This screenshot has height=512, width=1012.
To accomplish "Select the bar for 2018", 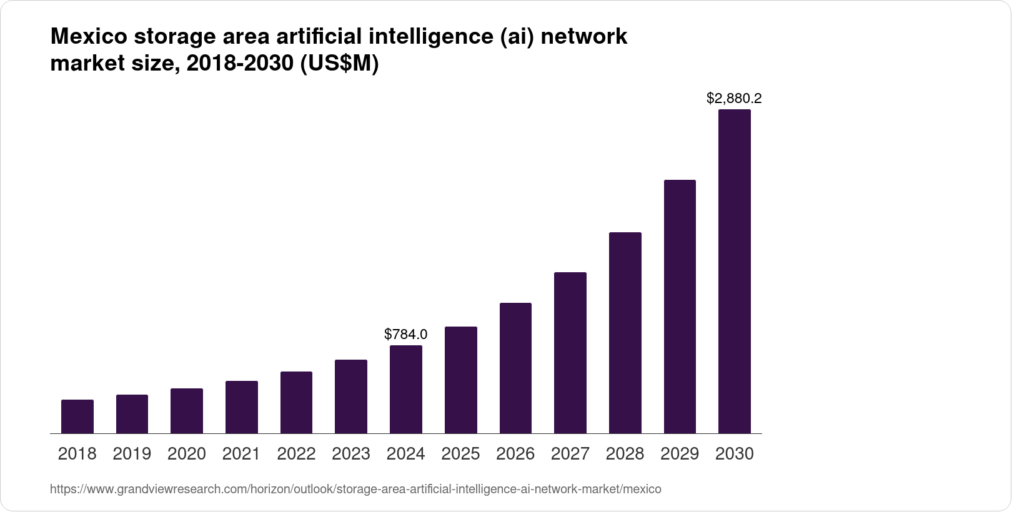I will [x=77, y=416].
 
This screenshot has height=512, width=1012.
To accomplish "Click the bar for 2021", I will [x=242, y=407].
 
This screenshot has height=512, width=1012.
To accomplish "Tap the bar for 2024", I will [x=406, y=390].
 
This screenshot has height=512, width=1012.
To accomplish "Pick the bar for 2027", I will [x=570, y=353].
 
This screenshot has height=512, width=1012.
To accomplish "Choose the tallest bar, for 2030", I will [x=735, y=272].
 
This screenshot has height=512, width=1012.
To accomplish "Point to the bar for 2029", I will [x=680, y=307].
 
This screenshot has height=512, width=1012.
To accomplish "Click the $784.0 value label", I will [x=406, y=334].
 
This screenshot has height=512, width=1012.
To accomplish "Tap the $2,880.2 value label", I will [x=734, y=98].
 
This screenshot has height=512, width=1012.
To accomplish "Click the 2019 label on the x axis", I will [x=132, y=454].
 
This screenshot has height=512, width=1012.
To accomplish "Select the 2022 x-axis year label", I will [x=296, y=454].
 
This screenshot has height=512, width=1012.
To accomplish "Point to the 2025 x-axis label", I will [x=460, y=454].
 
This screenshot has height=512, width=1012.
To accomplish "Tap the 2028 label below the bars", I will [x=625, y=454].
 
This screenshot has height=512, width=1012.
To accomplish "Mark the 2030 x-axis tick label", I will [x=735, y=454].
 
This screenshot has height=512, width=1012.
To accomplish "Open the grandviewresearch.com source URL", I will [x=355, y=490].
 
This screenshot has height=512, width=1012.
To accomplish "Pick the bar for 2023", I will [x=351, y=396].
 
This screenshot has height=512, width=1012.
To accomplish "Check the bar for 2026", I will [x=515, y=368].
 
